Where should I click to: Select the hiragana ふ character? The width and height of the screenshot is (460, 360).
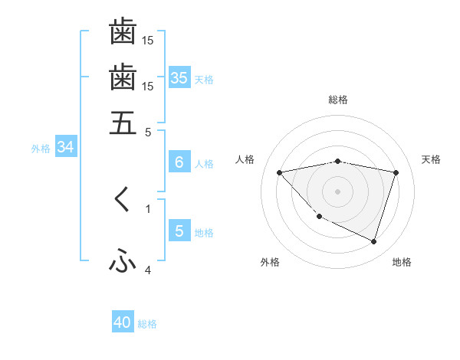(x=123, y=262)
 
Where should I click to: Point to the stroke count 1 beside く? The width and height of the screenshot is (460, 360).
(x=148, y=208)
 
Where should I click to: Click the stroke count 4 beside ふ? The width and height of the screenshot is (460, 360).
(x=148, y=270)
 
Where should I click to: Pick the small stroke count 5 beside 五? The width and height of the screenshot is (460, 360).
(x=148, y=131)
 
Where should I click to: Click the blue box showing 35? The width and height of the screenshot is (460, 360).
(x=179, y=78)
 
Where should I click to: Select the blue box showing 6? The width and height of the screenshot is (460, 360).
(x=179, y=162)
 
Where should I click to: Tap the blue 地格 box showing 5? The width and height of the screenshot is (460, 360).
(x=179, y=231)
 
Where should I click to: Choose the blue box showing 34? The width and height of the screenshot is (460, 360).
(x=65, y=147)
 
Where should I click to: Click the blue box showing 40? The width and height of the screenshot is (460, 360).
(x=123, y=322)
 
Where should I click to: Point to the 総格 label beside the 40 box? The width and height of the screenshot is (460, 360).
(x=147, y=324)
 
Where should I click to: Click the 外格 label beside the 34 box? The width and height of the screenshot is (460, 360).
(x=41, y=149)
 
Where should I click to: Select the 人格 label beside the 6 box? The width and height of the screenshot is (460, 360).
(x=204, y=164)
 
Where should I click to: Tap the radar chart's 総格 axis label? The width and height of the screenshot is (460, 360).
(x=338, y=100)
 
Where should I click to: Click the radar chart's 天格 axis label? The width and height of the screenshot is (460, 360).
(x=431, y=159)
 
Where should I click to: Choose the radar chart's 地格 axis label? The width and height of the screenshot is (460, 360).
(x=402, y=262)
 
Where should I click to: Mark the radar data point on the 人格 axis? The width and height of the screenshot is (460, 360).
(x=280, y=172)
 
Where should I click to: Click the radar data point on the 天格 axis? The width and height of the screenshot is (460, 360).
(x=396, y=172)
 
